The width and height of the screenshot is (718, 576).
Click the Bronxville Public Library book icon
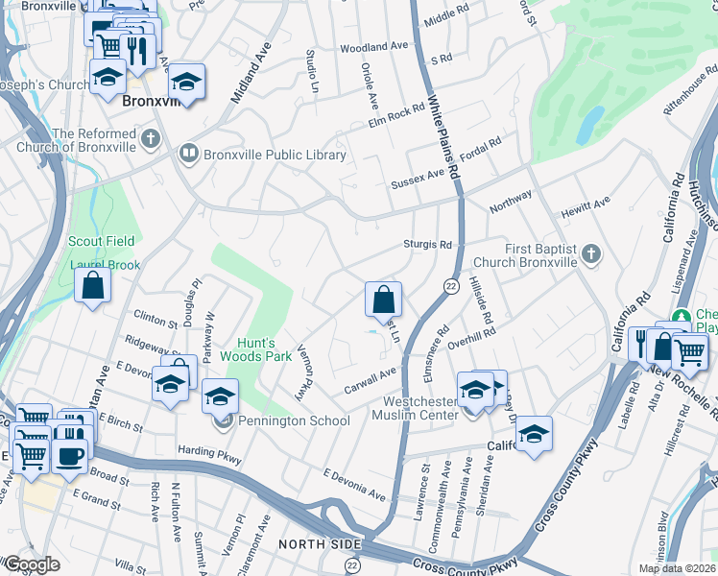click(189, 155)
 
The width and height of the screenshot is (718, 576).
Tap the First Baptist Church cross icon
click(592, 254)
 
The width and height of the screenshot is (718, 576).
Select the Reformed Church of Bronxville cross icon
click(149, 140)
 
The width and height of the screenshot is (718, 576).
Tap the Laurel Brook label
click(104, 265)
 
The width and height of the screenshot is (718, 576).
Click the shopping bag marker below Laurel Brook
click(92, 285)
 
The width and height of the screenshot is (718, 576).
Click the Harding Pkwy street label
click(207, 449)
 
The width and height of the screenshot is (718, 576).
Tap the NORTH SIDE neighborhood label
click(310, 545)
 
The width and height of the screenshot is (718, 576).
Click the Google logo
click(32, 564)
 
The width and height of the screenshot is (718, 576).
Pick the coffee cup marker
click(69, 455)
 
